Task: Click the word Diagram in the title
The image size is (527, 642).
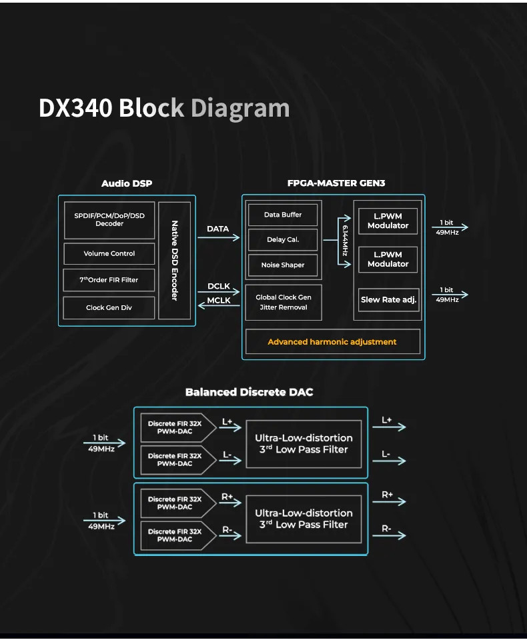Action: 240,109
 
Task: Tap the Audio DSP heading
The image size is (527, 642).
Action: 127,183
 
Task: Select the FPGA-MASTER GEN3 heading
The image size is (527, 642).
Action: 336,183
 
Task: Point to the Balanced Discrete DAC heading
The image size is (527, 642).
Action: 249,392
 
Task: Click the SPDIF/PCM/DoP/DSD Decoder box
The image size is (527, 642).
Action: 109,220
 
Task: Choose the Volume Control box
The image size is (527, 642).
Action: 109,253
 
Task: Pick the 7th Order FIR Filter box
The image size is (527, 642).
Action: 109,280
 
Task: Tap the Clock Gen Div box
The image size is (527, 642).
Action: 109,307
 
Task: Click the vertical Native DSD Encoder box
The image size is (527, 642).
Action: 175,261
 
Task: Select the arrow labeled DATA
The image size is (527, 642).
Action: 218,237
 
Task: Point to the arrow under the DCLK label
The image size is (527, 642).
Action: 218,291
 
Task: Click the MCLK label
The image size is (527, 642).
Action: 219,300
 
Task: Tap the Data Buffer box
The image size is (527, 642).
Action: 283,215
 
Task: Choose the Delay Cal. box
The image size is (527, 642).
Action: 283,239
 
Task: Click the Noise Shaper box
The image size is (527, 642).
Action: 283,265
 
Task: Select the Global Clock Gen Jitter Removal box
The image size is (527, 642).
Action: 284,302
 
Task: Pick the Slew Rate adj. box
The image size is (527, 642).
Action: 388,300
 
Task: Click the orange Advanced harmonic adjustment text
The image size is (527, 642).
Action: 332,342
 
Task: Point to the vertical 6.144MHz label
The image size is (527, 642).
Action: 345,241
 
